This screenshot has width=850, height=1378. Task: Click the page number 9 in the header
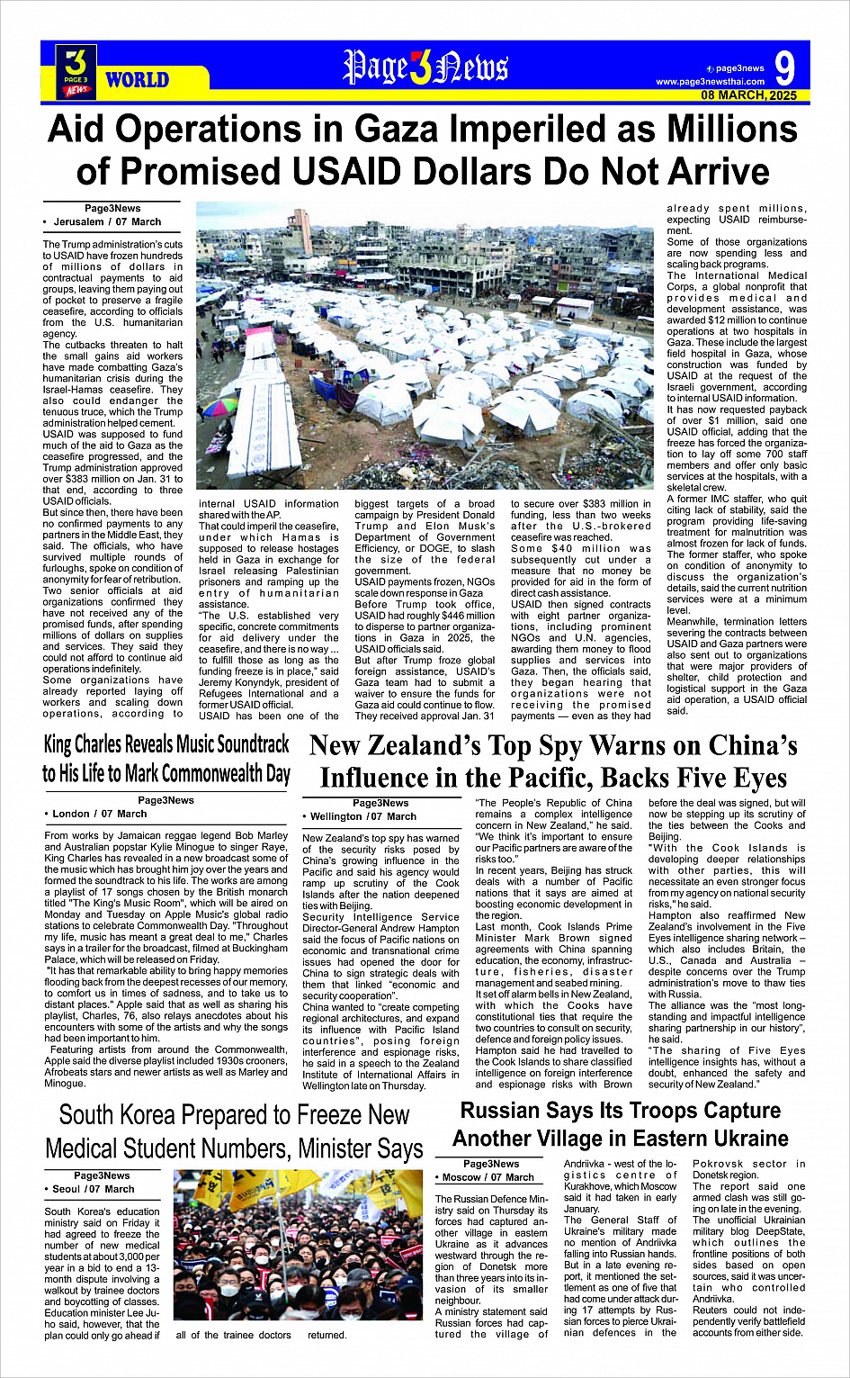[784, 68]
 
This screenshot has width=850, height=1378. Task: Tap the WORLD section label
[137, 80]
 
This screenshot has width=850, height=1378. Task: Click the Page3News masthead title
[425, 68]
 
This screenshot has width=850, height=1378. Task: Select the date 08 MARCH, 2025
[748, 95]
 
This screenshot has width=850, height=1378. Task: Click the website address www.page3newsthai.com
[710, 82]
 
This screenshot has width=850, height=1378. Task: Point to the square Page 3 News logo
[76, 71]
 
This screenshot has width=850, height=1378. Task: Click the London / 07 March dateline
[100, 814]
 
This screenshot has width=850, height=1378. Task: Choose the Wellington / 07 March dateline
[363, 816]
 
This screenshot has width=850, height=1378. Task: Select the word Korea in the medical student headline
[170, 1115]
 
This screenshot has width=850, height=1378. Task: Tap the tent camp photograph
[425, 346]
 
